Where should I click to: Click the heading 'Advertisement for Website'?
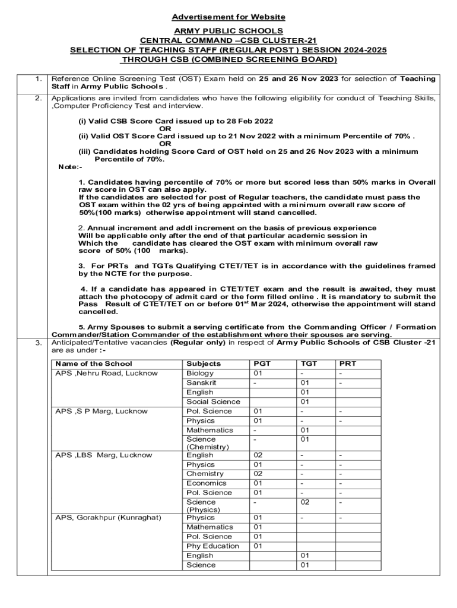[x=228, y=17]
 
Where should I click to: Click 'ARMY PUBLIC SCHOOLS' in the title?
[x=228, y=31]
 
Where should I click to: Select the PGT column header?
[x=262, y=363]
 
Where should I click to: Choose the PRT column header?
[x=348, y=363]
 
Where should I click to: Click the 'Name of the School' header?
[x=93, y=363]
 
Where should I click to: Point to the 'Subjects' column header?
[x=203, y=363]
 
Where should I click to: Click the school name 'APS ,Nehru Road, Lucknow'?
[x=107, y=373]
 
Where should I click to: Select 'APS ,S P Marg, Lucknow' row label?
[x=101, y=411]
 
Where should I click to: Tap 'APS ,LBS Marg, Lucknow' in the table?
[x=103, y=455]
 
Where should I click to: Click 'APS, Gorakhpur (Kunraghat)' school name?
[x=108, y=518]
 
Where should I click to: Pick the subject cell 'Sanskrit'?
[x=201, y=383]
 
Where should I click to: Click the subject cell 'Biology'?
[x=200, y=373]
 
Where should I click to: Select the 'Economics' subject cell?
[x=205, y=483]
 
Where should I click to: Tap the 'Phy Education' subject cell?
[x=212, y=546]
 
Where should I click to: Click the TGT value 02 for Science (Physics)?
[x=305, y=502]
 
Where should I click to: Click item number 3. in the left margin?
[x=38, y=343]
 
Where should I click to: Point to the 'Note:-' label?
[x=69, y=167]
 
